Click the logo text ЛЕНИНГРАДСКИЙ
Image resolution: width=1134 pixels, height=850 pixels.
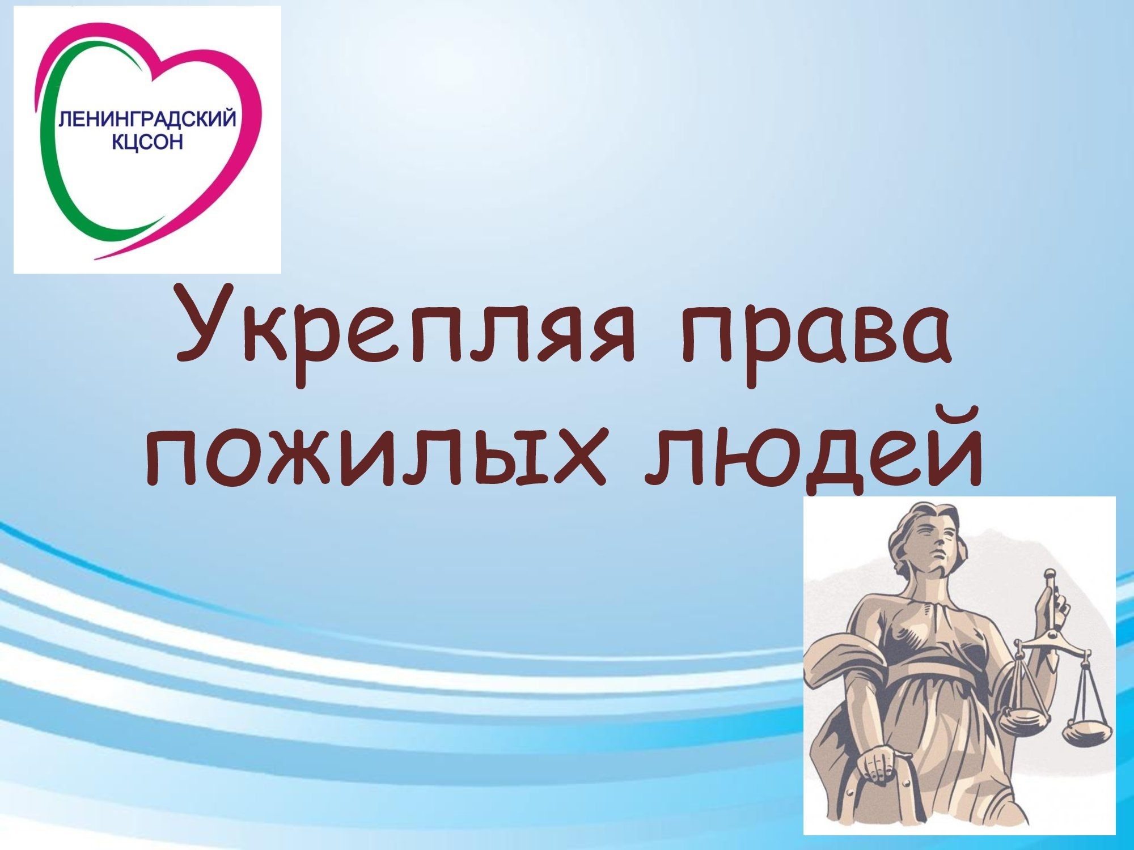click(x=147, y=120)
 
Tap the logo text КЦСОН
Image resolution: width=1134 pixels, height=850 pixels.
click(x=147, y=142)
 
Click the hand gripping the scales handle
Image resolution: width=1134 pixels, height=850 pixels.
click(x=1053, y=609)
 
